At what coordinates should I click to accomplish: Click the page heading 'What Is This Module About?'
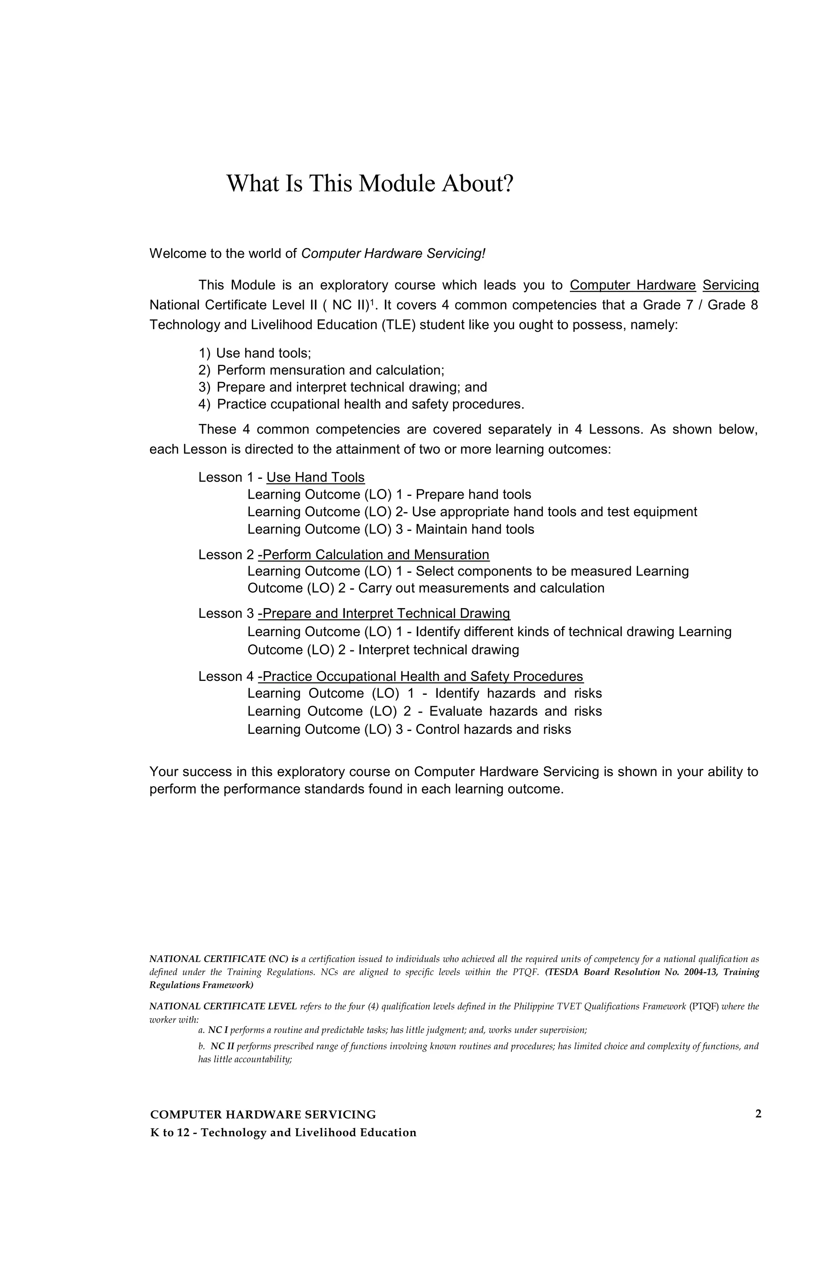(369, 183)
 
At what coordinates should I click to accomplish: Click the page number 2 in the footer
(757, 1114)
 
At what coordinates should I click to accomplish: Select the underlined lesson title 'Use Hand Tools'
(315, 478)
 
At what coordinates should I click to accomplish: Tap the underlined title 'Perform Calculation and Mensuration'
(374, 554)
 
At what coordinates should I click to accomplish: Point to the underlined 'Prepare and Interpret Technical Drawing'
(384, 613)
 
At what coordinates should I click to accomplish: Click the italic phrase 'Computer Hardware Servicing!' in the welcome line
(393, 253)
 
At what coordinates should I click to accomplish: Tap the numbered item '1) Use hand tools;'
(255, 353)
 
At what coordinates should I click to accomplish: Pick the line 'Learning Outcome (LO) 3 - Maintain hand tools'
(390, 529)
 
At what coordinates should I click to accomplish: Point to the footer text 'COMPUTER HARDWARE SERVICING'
(263, 1115)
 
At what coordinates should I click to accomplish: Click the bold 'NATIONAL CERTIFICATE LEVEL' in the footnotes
(223, 1006)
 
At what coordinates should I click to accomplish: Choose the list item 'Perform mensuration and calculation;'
(330, 371)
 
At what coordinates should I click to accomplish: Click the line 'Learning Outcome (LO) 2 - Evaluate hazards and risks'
(424, 711)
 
